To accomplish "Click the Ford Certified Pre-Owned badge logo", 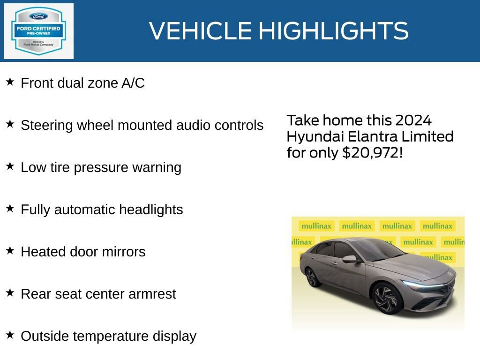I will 38,31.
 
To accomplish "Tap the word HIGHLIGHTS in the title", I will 333,31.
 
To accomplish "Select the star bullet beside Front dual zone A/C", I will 10,82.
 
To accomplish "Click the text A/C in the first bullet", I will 133,83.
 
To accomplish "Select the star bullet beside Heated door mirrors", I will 10,251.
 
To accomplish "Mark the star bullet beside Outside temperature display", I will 10,335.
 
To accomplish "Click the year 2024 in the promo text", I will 412,120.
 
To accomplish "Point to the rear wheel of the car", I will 313,277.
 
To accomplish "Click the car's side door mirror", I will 349,259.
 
